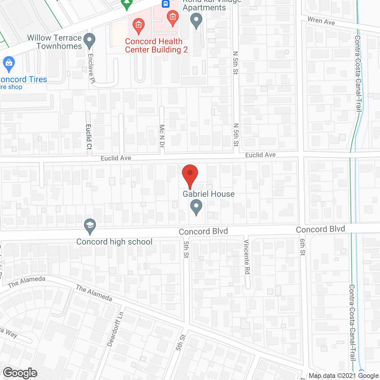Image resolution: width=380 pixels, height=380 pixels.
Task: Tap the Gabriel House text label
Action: click(x=208, y=194)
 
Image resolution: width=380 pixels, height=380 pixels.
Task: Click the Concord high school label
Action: click(x=114, y=242)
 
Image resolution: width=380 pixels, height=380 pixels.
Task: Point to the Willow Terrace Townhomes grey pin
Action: click(x=89, y=41)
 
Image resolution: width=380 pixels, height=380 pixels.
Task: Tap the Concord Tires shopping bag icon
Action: click(x=9, y=64)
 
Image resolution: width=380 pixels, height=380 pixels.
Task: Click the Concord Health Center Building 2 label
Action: click(x=156, y=45)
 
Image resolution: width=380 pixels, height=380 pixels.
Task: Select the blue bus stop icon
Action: click(x=165, y=4)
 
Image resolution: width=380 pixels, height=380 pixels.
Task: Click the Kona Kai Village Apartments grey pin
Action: click(x=196, y=21)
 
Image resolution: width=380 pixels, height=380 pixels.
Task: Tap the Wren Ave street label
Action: click(x=321, y=21)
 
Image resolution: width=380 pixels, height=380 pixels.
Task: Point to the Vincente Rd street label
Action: click(x=247, y=257)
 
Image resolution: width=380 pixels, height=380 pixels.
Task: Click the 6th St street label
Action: click(x=303, y=247)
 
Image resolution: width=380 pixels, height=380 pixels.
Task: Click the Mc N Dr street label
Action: click(x=162, y=136)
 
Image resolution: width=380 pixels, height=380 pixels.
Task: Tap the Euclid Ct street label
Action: click(x=89, y=137)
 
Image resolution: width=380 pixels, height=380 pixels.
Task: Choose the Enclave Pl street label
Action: click(x=91, y=68)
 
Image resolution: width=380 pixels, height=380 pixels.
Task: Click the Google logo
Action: click(x=20, y=373)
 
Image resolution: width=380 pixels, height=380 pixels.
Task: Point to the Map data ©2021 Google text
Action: click(x=343, y=376)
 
